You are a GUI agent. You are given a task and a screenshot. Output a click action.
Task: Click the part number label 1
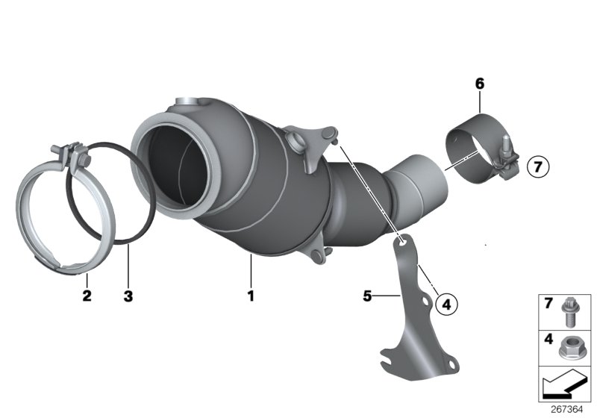pos(251,296)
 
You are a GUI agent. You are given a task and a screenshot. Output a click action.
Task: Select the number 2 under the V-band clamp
pos(87,296)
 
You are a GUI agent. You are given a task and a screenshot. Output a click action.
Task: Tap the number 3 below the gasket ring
pos(128,296)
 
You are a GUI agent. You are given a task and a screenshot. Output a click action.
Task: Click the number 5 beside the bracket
pos(367,296)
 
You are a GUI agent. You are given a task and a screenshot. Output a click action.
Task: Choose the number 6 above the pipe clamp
pos(480,84)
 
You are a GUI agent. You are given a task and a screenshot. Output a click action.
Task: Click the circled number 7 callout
pos(538,166)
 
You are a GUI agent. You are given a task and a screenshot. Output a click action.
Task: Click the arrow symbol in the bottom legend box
pos(565,384)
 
